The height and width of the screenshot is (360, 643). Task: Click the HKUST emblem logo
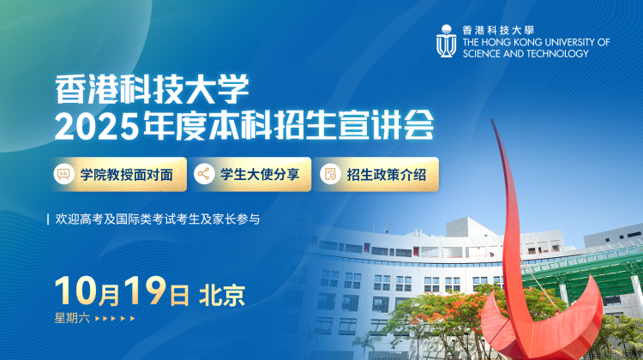point(446,41)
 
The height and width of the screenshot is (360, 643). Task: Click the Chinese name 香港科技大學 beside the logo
point(498,30)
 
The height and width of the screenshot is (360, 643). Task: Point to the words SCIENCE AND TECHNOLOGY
point(526,54)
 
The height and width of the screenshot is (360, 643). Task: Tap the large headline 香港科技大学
point(152,89)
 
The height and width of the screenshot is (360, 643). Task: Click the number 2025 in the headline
point(96,125)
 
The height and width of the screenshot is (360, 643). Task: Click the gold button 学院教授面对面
point(119,174)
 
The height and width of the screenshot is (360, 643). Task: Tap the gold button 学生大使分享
point(251,174)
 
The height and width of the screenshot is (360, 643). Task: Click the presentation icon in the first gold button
point(63,174)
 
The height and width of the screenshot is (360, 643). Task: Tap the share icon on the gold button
point(204,174)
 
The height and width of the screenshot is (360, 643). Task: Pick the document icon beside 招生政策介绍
point(330,174)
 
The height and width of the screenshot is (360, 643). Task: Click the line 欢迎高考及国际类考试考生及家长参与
point(158,219)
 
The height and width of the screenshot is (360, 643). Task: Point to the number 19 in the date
point(145,291)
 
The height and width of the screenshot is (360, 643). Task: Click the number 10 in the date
point(75,291)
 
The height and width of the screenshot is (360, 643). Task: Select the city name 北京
point(222,296)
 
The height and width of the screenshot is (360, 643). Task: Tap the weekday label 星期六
point(72,318)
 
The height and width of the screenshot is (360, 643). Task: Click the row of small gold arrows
point(115,318)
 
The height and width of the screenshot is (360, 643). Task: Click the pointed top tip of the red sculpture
point(492,120)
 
